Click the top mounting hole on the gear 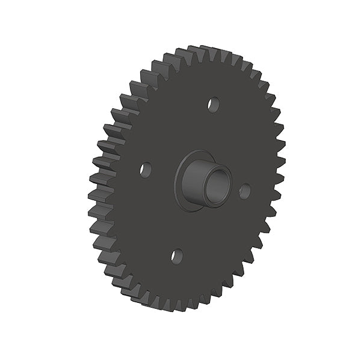pos(213,105)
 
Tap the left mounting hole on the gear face pos(145,169)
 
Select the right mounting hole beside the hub pos(244,191)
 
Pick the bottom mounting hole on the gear pos(176,256)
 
